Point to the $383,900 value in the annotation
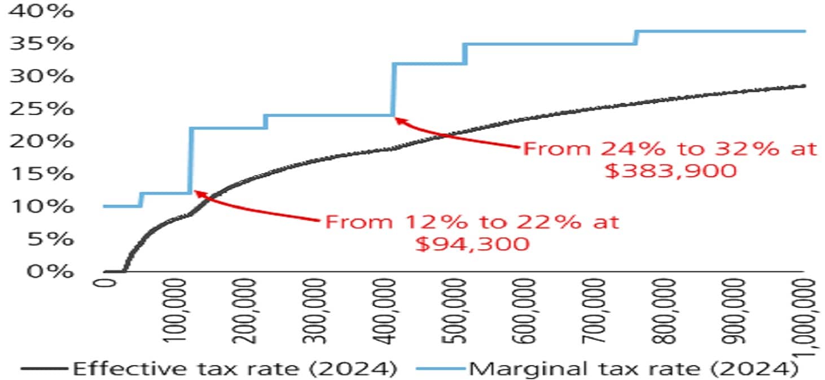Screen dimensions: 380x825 (670, 170)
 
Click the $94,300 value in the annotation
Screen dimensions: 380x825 (472, 244)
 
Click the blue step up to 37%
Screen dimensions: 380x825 (637, 37)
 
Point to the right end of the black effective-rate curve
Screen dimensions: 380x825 (804, 86)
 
